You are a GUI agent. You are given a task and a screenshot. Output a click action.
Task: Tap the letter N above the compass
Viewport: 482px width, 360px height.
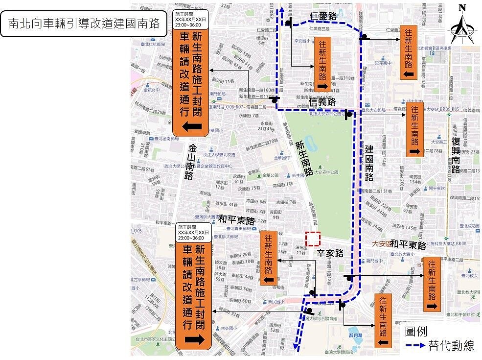pos(462,8)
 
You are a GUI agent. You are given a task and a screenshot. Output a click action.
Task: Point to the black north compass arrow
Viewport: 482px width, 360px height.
pos(462,29)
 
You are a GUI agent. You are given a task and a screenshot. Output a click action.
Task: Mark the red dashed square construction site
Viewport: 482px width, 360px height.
pos(313,239)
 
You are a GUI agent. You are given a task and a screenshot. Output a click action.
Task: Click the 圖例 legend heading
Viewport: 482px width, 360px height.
pos(416,332)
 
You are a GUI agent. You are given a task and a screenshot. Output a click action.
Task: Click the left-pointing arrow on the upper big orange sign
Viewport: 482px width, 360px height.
pos(192,127)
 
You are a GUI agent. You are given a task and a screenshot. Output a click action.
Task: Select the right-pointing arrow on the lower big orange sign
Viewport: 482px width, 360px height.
pos(194,339)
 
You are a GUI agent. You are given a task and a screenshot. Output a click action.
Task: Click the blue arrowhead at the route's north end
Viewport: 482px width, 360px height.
pos(281,10)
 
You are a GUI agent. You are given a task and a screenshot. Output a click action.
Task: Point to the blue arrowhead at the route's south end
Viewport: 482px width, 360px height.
pos(297,347)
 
